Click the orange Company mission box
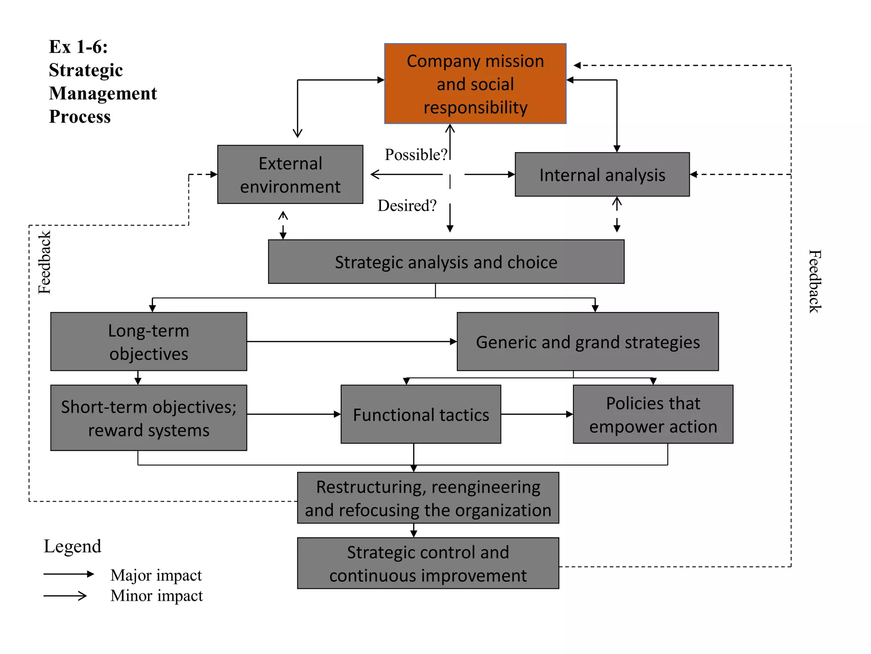(x=475, y=83)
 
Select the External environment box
(x=290, y=175)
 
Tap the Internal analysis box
(x=602, y=175)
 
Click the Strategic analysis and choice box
(x=446, y=262)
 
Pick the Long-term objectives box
(x=148, y=341)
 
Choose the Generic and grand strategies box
(x=587, y=341)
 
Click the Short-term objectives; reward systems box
(x=148, y=418)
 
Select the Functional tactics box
(x=421, y=414)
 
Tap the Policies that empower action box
(x=653, y=414)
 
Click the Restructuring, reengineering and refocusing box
(x=428, y=498)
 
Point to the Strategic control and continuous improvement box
(x=428, y=563)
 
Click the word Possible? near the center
(x=416, y=155)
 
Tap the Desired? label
(x=407, y=206)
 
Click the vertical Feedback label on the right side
(x=814, y=281)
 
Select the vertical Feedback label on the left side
(x=44, y=262)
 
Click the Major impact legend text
(x=156, y=575)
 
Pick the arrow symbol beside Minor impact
(x=65, y=596)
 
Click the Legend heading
(x=72, y=546)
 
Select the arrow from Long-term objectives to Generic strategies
(x=351, y=341)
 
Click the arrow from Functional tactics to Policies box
(x=537, y=414)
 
